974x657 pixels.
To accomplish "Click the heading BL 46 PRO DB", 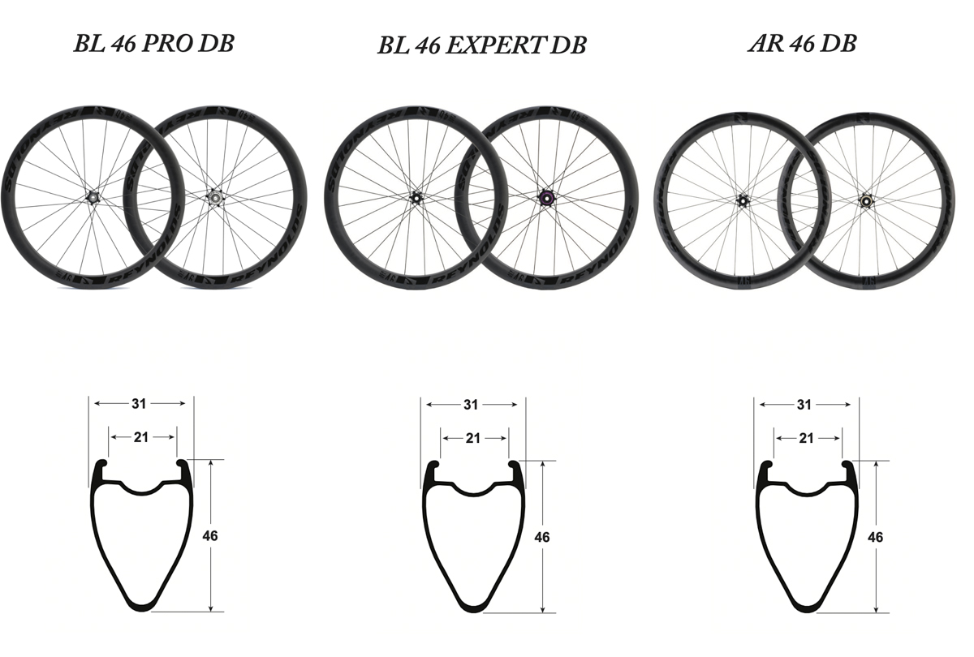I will (153, 43).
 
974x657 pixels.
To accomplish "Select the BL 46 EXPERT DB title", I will (481, 45).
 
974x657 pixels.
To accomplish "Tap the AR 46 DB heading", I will (802, 44).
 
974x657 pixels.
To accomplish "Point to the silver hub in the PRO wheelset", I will (215, 195).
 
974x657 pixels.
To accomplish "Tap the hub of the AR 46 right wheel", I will (865, 199).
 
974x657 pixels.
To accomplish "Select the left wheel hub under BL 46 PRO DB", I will (90, 195).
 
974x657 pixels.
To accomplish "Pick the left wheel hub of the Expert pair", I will (416, 197).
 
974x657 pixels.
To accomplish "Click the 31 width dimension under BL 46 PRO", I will (140, 403).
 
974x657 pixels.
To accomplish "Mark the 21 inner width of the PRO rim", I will (141, 437).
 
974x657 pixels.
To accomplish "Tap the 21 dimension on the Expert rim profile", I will (473, 438).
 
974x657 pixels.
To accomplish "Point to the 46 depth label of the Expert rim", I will (542, 537).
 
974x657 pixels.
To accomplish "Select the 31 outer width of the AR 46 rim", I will (804, 405).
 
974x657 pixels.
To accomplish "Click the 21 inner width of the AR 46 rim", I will (806, 438).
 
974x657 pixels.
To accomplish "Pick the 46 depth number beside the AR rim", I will (875, 537).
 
